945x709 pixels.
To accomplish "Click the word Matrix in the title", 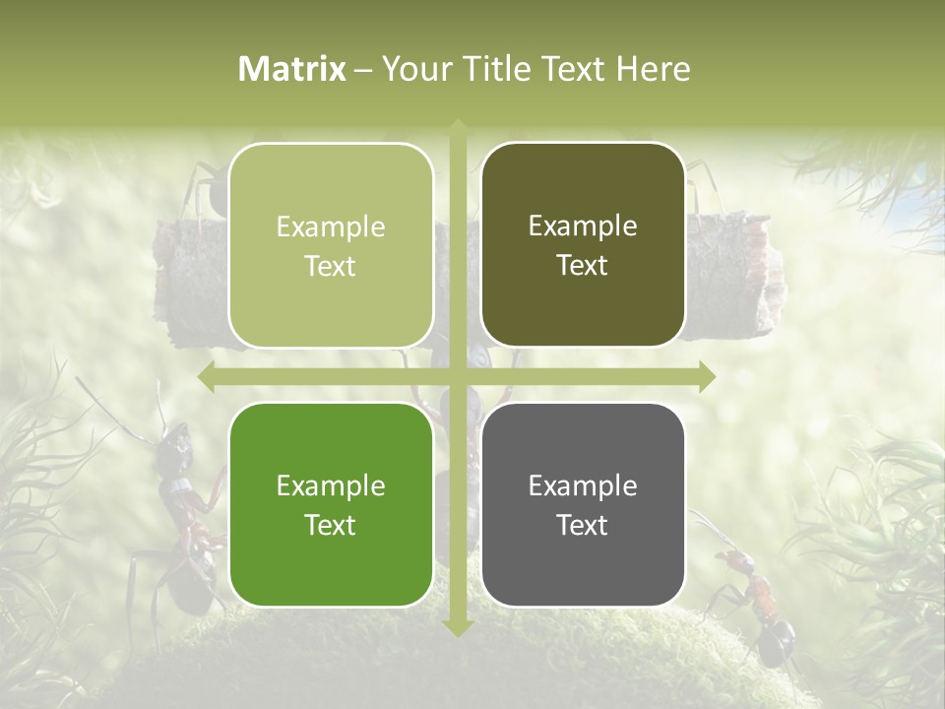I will [292, 69].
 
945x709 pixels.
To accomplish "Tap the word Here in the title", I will [654, 69].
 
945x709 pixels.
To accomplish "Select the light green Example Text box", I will [331, 246].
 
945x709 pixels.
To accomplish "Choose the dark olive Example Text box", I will [583, 245].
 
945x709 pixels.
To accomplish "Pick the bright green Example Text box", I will [331, 505].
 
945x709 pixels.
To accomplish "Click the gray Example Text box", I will [583, 505].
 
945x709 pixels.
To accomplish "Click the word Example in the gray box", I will [583, 485].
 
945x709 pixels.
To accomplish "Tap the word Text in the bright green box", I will [331, 525].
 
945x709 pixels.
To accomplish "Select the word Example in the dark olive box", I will [583, 226].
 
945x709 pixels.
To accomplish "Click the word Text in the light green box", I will [331, 266].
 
